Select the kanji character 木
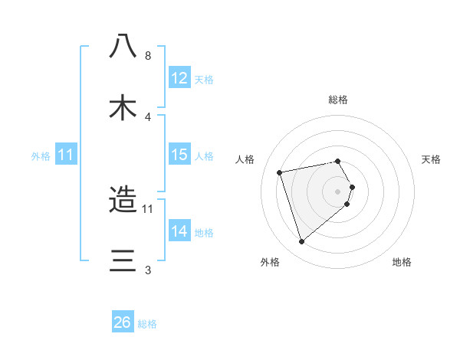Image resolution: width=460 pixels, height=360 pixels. coord(123,106)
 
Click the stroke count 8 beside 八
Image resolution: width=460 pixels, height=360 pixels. coord(148,56)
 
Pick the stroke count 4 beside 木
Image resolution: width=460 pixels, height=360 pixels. coord(148,116)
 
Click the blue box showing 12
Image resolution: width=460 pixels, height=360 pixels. coord(179,78)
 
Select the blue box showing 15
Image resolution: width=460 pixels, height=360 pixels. coord(179,155)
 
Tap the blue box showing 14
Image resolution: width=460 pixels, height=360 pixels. coord(179,231)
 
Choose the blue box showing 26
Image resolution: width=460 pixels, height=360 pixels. coord(123,322)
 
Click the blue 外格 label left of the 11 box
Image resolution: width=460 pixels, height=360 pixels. coord(41,155)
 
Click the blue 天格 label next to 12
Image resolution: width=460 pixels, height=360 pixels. coord(204,79)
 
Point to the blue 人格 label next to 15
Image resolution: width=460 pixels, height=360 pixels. coord(204,155)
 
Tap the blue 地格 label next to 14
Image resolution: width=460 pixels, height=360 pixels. coord(204,232)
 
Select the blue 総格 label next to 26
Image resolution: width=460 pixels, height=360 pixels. coord(147,323)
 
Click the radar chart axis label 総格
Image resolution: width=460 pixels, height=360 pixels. coord(338,100)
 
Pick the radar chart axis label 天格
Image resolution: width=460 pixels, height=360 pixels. coord(432,159)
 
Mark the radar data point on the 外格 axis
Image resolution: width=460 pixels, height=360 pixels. coord(301,242)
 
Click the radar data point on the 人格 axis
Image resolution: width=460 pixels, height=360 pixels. coord(280,172)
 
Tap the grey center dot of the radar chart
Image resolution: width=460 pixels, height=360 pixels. coord(338,191)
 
